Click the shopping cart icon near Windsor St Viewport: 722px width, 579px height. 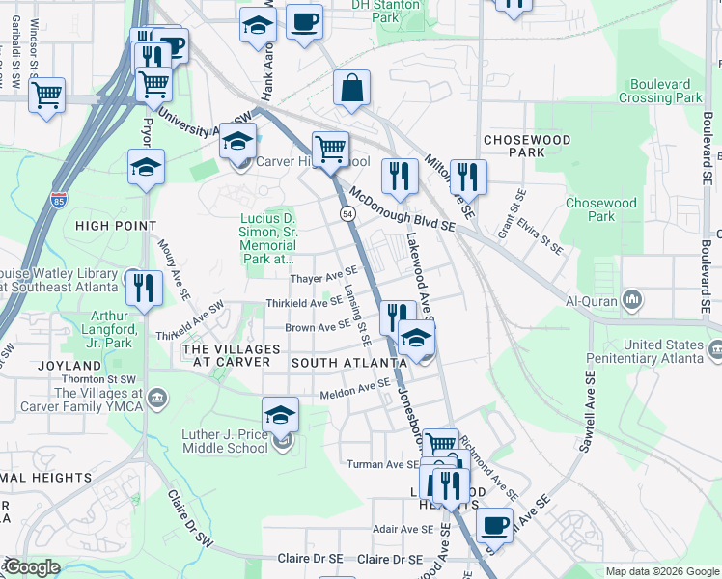click(x=45, y=95)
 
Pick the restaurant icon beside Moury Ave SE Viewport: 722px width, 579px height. click(x=143, y=288)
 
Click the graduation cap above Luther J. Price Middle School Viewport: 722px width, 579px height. click(x=280, y=414)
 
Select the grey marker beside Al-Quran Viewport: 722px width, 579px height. click(x=632, y=300)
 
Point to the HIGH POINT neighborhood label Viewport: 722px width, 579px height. click(x=115, y=226)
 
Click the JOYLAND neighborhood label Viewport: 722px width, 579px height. click(x=69, y=367)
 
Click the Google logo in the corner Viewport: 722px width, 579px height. click(x=31, y=567)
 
